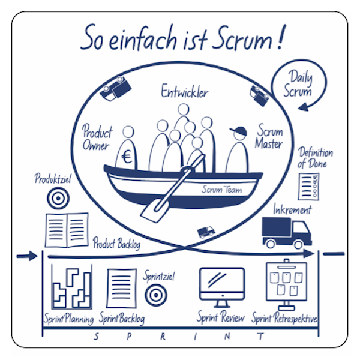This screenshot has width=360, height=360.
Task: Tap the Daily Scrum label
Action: click(x=299, y=84)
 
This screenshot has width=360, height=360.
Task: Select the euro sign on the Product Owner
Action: click(x=127, y=158)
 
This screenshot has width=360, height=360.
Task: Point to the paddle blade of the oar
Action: click(x=152, y=206)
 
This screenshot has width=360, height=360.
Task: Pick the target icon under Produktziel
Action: click(x=59, y=197)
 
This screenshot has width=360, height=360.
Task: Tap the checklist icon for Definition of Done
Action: click(x=309, y=187)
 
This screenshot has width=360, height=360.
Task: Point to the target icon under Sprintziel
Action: click(x=155, y=294)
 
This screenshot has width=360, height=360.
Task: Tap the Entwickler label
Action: click(x=184, y=92)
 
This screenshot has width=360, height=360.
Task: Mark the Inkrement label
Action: click(x=292, y=211)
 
